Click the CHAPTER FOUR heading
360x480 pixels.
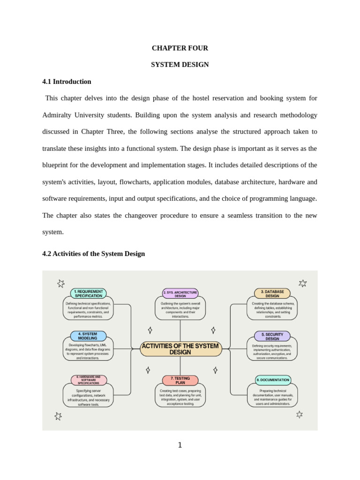coord(180,48)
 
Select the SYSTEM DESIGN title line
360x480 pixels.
coord(180,65)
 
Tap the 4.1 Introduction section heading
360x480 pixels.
coord(67,82)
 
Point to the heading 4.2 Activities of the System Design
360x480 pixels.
coord(93,254)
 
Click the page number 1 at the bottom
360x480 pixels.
coord(180,445)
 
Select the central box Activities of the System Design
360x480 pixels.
coord(180,349)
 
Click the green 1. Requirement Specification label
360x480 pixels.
coord(88,293)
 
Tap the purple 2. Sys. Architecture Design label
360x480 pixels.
coord(180,293)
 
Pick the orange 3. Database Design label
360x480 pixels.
coord(272,293)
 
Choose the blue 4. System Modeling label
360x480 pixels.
coord(88,336)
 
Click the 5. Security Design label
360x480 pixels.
coord(272,336)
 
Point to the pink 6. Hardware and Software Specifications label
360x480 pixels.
coord(88,380)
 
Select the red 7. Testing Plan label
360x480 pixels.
coord(180,380)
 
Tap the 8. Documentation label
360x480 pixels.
coord(273,380)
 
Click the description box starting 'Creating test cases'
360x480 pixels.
coord(180,397)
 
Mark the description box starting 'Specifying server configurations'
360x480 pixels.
coord(88,397)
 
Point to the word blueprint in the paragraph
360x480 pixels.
coord(58,165)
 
